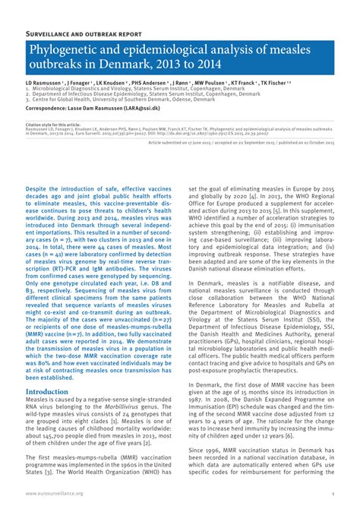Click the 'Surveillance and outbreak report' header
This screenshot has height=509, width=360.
[x=84, y=35]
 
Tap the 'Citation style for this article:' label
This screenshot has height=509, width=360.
[x=53, y=125]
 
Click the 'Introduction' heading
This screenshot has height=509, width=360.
[x=47, y=391]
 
